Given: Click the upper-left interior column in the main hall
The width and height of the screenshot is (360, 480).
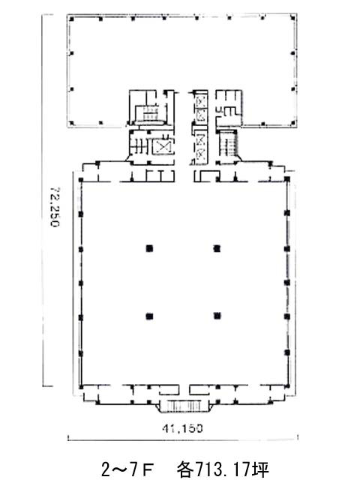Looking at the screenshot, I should pos(150,247).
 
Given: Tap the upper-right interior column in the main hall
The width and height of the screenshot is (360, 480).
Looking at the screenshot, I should pos(217,247).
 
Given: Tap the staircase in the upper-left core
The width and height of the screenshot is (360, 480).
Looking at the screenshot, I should pos(151,115).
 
